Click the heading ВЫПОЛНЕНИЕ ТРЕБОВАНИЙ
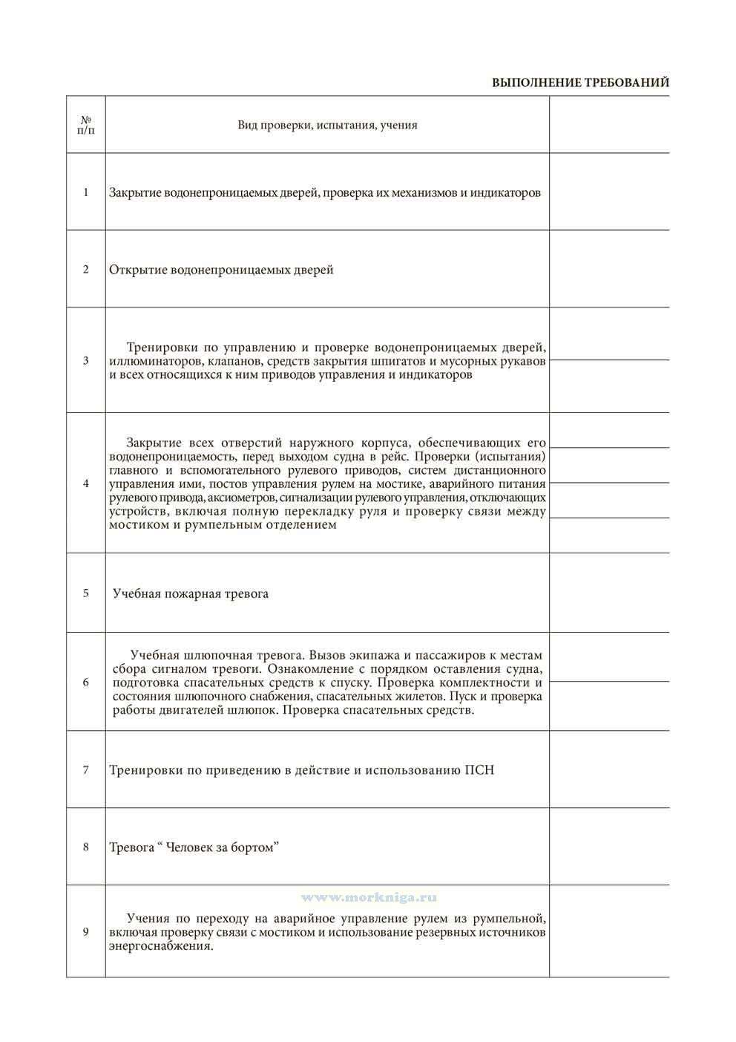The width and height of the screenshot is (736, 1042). tap(580, 82)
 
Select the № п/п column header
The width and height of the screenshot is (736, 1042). tap(85, 125)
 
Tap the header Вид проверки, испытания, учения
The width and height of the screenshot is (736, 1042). tap(327, 125)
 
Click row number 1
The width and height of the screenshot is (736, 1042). tap(86, 192)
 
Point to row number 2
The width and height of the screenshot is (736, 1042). tap(86, 269)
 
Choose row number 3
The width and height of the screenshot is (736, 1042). tap(86, 360)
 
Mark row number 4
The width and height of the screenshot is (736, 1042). tap(86, 483)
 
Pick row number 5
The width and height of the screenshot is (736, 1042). tap(86, 593)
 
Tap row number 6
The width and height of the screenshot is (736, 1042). tap(86, 682)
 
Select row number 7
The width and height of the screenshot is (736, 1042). tap(86, 769)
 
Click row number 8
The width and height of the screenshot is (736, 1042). tap(86, 847)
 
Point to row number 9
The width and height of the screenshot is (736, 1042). tap(86, 932)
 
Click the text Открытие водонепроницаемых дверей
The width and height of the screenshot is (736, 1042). tap(221, 270)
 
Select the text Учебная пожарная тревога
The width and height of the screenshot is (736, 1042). tap(191, 593)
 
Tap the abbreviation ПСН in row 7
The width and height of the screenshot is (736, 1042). tap(479, 770)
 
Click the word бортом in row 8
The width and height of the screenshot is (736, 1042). tap(252, 847)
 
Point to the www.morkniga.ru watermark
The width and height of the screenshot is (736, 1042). tap(369, 897)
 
